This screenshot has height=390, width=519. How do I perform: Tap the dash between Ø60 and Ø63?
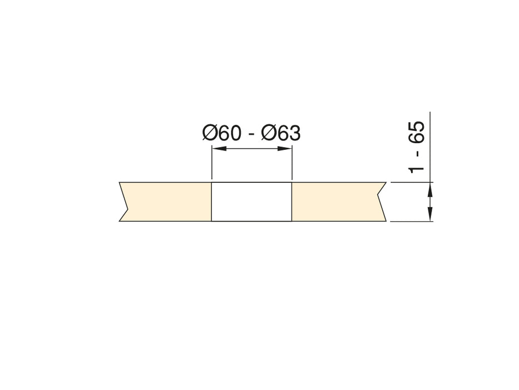[252, 135]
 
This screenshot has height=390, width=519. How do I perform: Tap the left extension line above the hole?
[212, 164]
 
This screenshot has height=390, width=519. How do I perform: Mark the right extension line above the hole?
[292, 164]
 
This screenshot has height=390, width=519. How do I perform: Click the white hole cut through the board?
[252, 202]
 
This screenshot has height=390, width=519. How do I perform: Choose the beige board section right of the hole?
[337, 202]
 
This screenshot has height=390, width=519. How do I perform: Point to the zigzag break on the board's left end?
[124, 202]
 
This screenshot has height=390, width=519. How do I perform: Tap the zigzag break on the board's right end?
[382, 202]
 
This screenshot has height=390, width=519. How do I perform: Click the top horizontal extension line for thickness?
[412, 182]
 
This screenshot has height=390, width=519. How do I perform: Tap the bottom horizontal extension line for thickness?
[412, 221]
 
